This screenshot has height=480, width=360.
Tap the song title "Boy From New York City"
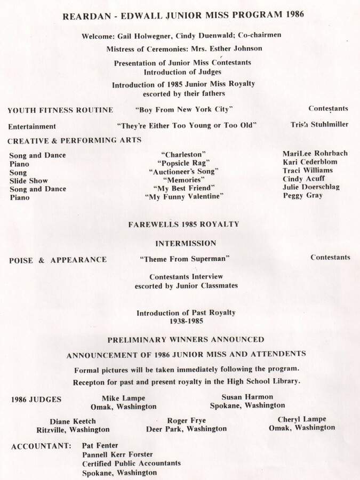(185, 109)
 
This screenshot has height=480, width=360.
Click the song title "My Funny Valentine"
(184, 197)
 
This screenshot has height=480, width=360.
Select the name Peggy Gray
(302, 196)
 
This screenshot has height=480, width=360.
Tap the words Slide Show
(28, 181)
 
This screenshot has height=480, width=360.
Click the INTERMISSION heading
(186, 243)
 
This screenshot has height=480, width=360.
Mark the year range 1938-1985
(185, 322)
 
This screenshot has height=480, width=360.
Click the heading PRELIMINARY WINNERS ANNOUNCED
(186, 339)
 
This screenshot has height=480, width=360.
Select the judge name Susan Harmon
(247, 397)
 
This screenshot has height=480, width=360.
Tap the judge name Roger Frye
(186, 420)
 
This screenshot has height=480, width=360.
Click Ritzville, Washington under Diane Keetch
(73, 429)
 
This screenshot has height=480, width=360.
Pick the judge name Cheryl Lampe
(302, 419)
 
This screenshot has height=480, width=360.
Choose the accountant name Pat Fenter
(100, 445)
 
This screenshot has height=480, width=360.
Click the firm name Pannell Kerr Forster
(117, 454)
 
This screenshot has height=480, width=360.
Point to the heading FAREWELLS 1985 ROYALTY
(183, 225)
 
